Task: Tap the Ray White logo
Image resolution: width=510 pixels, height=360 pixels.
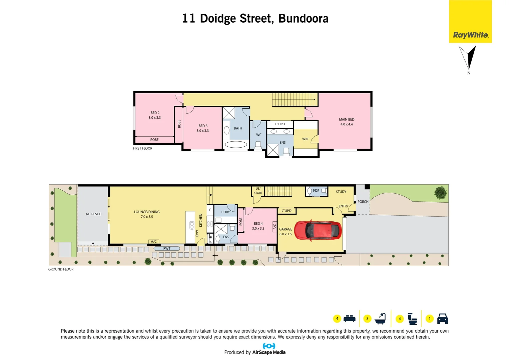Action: (470, 35)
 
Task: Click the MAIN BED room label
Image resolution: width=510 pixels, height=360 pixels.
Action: (347, 119)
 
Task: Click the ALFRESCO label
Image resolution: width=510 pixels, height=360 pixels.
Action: (93, 214)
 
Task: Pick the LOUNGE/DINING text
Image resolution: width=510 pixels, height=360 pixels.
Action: (147, 212)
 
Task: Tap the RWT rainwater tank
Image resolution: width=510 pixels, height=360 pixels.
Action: (167, 248)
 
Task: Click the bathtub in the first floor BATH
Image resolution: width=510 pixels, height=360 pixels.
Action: (236, 145)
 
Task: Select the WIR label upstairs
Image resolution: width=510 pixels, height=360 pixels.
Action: (305, 139)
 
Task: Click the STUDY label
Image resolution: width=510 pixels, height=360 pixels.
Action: (341, 192)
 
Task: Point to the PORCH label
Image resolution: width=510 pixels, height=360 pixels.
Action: (363, 202)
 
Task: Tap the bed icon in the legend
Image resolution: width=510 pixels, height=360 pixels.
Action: (349, 318)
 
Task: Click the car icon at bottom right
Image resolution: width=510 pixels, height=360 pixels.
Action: (442, 319)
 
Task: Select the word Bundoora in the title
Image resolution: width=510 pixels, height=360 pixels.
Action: (303, 18)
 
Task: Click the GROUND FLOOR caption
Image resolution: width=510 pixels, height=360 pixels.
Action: (61, 269)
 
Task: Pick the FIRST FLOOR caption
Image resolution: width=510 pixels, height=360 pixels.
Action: (142, 148)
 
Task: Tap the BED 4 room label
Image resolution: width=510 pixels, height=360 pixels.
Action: (258, 224)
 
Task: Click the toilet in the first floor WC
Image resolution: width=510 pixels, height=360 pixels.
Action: (258, 145)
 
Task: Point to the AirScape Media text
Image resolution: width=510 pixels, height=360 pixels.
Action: (269, 352)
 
